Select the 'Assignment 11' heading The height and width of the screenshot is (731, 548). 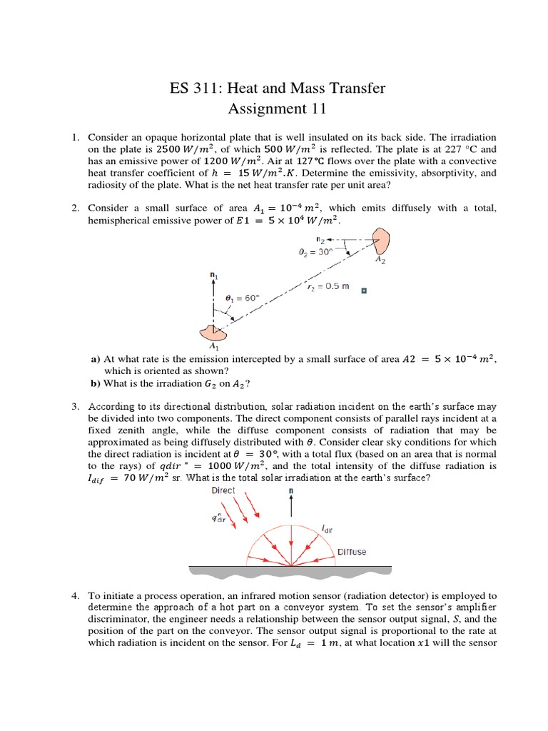[x=276, y=109]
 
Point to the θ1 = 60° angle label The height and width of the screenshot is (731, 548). [x=243, y=298]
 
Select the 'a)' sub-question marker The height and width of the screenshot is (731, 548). [x=95, y=359]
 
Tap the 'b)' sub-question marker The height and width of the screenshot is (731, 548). [x=95, y=383]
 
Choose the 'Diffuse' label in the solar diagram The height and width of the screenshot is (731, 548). [x=352, y=552]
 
